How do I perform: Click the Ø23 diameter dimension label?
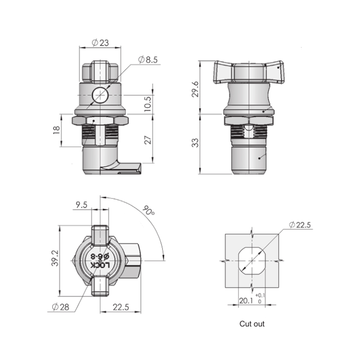[x=100, y=43]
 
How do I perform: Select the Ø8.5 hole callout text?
[x=148, y=60]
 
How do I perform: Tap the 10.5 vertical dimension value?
[x=148, y=104]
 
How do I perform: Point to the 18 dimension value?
[x=57, y=130]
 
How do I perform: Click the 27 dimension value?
[x=148, y=140]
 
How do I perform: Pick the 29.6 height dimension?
[x=195, y=89]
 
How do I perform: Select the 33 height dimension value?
[x=195, y=143]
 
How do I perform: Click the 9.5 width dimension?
[x=81, y=205]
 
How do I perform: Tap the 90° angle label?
[x=148, y=211]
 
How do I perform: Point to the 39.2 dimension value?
[x=55, y=258]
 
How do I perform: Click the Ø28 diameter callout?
[x=60, y=307]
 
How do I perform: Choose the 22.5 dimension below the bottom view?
[x=121, y=307]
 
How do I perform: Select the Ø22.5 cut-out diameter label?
[x=300, y=225]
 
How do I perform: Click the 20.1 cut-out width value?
[x=246, y=301]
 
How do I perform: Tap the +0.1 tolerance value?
[x=260, y=295]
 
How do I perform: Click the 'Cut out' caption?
[x=252, y=324]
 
